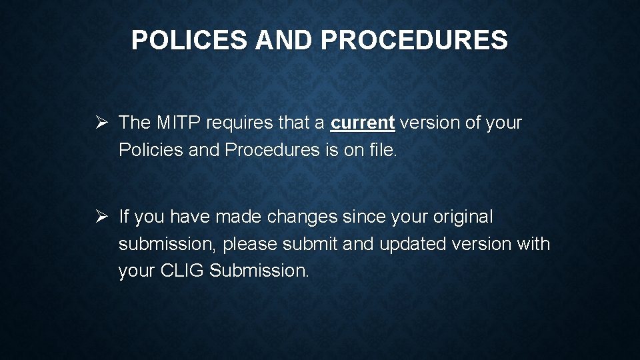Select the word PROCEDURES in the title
414,41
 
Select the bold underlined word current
363,123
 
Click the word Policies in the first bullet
151,150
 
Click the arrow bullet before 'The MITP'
101,123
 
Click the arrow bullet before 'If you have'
101,217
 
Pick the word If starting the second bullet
123,217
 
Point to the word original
463,217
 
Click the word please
250,245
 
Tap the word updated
413,244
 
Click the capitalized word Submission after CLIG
259,271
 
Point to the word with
533,244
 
